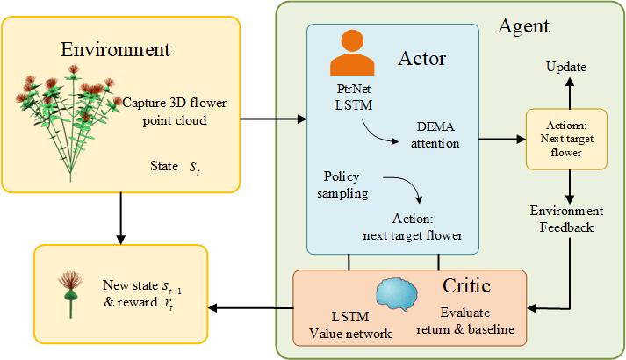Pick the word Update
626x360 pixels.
566,67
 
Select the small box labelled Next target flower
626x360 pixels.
565,137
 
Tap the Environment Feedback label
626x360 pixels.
566,219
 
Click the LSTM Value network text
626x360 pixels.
342,326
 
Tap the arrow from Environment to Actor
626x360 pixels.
272,118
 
